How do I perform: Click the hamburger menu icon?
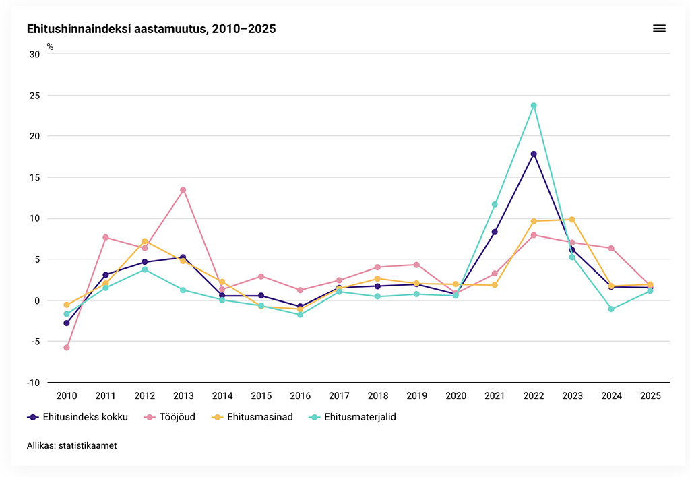(x=659, y=28)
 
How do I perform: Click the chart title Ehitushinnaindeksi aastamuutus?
(x=151, y=29)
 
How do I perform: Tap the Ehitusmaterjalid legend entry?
(x=352, y=417)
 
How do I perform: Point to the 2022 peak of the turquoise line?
(x=534, y=106)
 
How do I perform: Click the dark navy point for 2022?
(x=534, y=154)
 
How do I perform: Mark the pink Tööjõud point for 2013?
(x=183, y=190)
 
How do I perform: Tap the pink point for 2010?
(x=67, y=348)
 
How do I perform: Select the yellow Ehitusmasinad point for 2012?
(x=144, y=241)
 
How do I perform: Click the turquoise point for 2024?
(x=611, y=309)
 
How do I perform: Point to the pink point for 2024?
(x=611, y=248)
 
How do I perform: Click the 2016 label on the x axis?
(x=300, y=396)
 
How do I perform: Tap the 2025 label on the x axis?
(x=650, y=396)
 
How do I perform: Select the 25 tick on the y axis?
(x=34, y=95)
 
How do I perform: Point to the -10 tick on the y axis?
(x=32, y=383)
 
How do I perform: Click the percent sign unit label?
(x=50, y=47)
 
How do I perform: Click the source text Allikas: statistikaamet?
(x=71, y=446)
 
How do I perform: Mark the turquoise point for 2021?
(x=495, y=204)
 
